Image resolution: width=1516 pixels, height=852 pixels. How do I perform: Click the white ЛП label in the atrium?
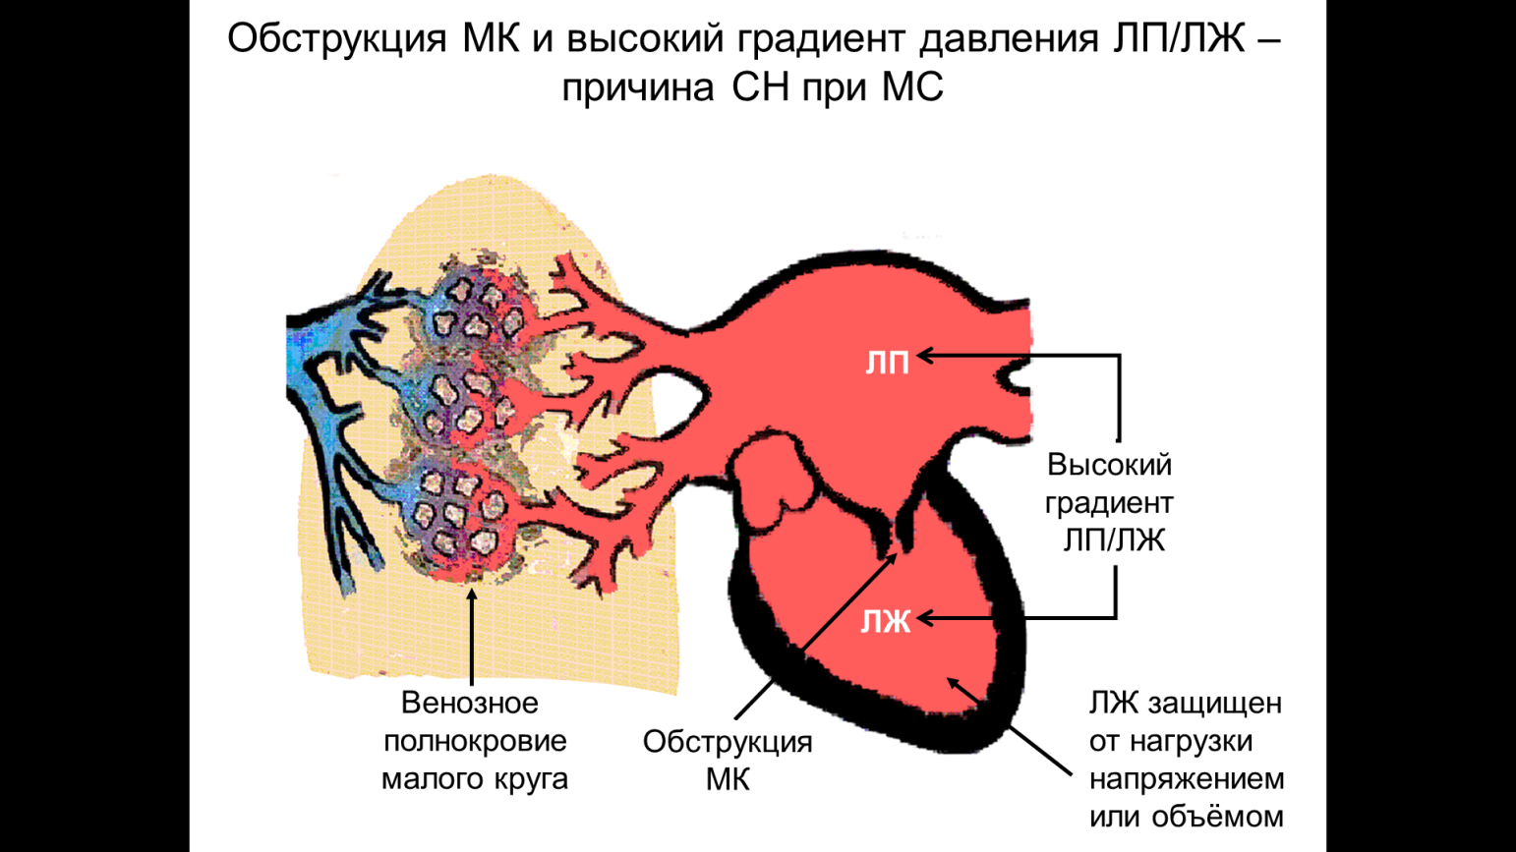pyautogui.click(x=887, y=364)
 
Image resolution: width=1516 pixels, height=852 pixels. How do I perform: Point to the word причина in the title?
pyautogui.click(x=637, y=88)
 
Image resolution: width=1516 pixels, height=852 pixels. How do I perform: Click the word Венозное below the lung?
pyautogui.click(x=470, y=703)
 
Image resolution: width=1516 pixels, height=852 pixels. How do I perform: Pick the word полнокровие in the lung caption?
pyautogui.click(x=475, y=742)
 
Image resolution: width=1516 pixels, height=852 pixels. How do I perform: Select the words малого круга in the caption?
pyautogui.click(x=475, y=779)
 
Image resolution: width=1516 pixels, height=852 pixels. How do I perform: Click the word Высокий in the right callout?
pyautogui.click(x=1109, y=465)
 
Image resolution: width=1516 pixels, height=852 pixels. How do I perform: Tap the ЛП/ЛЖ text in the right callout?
pyautogui.click(x=1114, y=541)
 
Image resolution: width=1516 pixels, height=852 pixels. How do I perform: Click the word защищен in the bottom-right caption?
pyautogui.click(x=1215, y=704)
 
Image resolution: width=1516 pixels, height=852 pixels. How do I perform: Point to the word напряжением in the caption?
pyautogui.click(x=1187, y=779)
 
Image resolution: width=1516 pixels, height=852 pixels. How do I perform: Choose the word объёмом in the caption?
pyautogui.click(x=1217, y=817)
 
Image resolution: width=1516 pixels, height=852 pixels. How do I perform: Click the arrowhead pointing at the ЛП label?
pyautogui.click(x=924, y=356)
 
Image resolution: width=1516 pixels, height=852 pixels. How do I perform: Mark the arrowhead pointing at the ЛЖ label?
pyautogui.click(x=924, y=618)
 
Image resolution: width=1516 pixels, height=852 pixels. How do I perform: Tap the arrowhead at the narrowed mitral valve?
pyautogui.click(x=893, y=558)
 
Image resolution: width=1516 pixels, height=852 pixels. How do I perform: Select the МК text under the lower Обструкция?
pyautogui.click(x=728, y=780)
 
